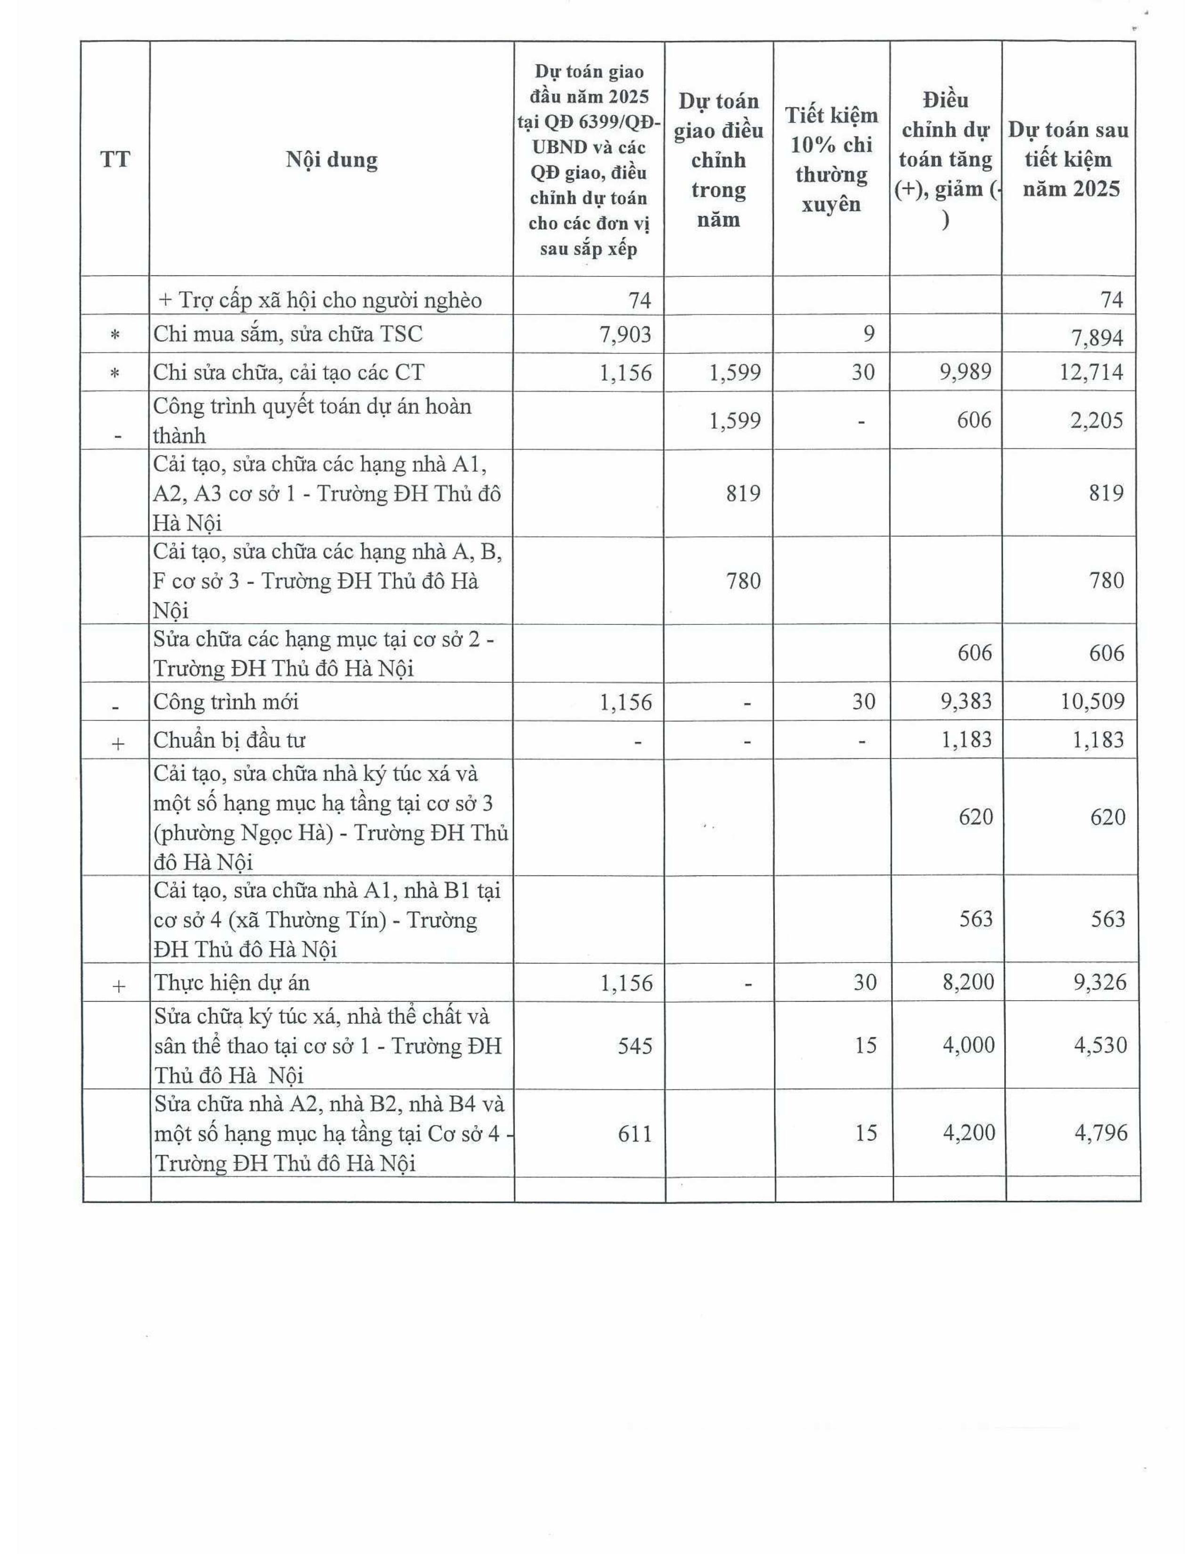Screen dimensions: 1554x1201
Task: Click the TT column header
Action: [115, 159]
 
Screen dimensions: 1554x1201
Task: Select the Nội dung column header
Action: [332, 159]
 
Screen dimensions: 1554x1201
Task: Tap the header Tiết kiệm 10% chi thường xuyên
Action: [831, 159]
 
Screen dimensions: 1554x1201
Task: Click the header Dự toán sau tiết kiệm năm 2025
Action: [1068, 159]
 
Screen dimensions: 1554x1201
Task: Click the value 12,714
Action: [1091, 372]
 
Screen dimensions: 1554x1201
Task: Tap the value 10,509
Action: [1092, 702]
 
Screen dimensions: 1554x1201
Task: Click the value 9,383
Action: [966, 702]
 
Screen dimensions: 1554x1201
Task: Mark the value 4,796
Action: [1100, 1132]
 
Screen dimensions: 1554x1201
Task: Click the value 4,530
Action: [1100, 1045]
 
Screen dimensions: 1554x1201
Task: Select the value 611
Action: [635, 1132]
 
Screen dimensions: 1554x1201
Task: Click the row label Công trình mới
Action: [226, 702]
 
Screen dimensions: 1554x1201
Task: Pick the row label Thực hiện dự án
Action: [232, 983]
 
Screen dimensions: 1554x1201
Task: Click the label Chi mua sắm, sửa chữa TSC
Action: [287, 334]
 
